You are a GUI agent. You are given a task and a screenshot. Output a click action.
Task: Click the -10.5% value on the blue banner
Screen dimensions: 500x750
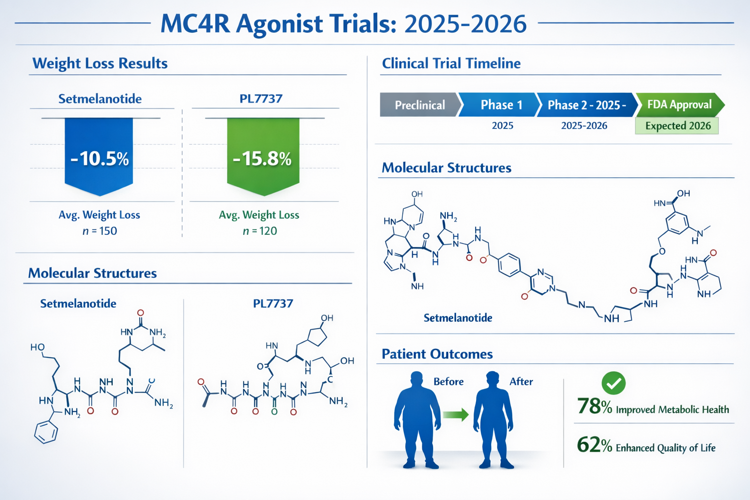(x=100, y=159)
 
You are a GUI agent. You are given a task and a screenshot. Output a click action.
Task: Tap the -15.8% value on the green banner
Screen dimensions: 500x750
(x=262, y=159)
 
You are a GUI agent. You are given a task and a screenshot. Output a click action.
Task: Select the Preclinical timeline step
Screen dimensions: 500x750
(x=419, y=105)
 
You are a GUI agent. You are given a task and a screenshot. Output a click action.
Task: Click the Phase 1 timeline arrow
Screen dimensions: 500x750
(x=501, y=105)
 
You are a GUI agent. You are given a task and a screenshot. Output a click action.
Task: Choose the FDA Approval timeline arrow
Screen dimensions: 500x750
(x=679, y=104)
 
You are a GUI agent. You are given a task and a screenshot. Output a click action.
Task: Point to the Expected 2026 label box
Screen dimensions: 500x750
(x=677, y=126)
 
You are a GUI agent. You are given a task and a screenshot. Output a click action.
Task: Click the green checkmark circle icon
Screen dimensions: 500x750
(x=614, y=383)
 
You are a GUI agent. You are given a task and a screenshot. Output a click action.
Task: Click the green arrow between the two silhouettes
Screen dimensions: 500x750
(x=456, y=415)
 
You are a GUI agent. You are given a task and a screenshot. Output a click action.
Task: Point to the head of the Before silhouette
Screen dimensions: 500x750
(x=417, y=379)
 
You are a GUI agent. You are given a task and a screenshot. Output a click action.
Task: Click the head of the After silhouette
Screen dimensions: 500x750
(x=493, y=379)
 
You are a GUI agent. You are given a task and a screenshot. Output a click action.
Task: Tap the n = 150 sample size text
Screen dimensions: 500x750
(x=100, y=231)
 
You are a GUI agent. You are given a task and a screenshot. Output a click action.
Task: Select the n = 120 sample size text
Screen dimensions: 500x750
(x=260, y=231)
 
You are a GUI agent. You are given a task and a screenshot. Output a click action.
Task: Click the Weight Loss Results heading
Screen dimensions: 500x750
(x=100, y=63)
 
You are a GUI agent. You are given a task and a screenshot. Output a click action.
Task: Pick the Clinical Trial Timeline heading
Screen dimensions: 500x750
(x=451, y=63)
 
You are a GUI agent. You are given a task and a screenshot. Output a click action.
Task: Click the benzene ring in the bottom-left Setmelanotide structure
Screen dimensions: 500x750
(x=46, y=432)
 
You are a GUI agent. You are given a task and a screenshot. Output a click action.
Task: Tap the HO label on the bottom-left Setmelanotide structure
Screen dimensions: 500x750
(x=38, y=347)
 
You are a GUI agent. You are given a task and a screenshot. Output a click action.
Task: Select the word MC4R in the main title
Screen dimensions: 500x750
(x=195, y=23)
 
